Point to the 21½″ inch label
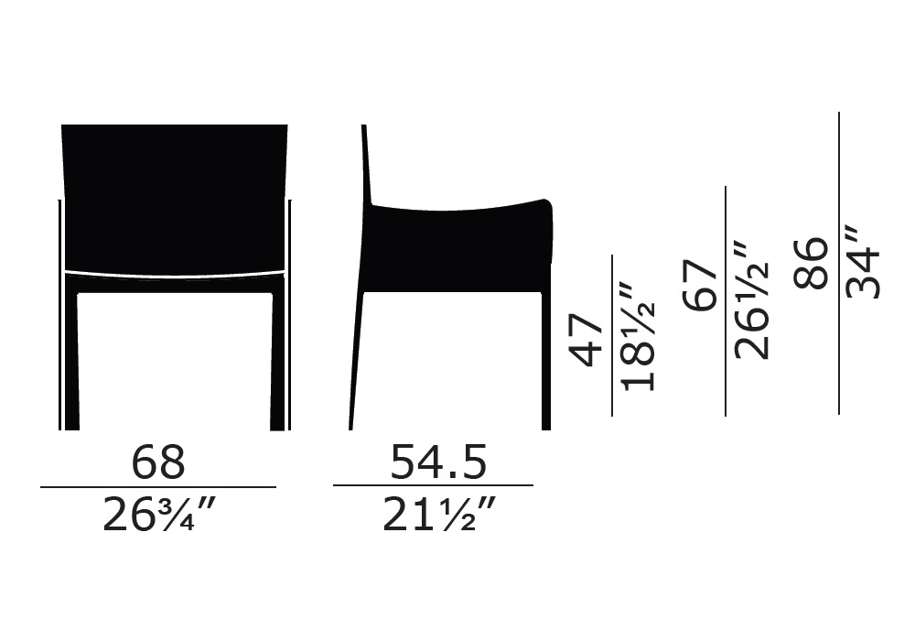click(439, 515)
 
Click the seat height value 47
click(586, 341)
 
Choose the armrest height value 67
click(699, 286)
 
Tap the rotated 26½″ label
click(751, 299)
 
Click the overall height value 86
click(811, 262)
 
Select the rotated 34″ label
click(863, 262)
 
